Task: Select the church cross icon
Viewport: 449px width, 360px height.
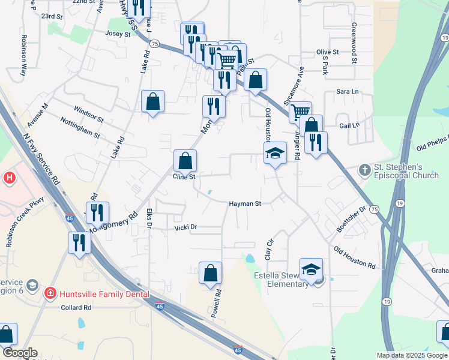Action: coord(364,170)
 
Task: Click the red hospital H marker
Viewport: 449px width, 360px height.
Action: coord(9,178)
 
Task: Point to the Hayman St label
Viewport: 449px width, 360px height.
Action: coord(245,204)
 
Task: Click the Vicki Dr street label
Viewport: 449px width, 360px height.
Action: coord(185,228)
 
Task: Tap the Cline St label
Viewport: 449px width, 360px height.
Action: coord(184,177)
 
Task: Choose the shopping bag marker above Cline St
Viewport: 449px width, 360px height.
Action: coord(185,160)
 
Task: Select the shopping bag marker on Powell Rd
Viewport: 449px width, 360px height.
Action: coord(210,273)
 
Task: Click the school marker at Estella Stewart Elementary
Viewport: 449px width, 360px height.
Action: coord(311,270)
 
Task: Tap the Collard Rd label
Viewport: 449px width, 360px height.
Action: coord(76,308)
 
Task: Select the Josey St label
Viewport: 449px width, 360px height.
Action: coord(118,34)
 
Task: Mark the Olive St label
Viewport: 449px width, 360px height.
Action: coord(328,52)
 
